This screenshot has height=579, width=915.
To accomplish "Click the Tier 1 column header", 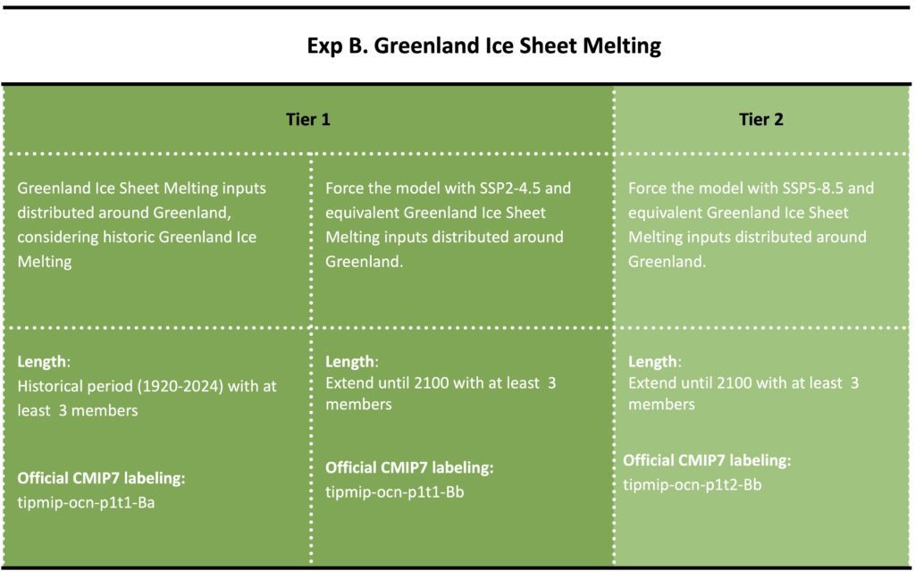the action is [308, 120].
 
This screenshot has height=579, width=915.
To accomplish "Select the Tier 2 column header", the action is [761, 120].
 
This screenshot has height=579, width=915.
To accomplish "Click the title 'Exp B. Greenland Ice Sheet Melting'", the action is [483, 46].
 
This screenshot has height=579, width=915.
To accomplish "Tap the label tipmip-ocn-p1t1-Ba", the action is [86, 502].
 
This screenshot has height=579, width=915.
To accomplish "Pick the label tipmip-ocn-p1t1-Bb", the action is [394, 492].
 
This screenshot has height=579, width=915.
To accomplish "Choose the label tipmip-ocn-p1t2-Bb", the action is [693, 485].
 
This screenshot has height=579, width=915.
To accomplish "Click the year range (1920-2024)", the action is [180, 386].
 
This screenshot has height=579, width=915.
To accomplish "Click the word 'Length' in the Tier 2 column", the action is [652, 362].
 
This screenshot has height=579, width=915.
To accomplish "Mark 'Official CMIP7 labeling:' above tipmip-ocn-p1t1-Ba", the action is [101, 478].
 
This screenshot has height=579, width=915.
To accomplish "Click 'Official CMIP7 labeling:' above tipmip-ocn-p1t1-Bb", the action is [409, 467].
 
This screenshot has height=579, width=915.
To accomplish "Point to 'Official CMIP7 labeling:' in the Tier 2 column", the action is [707, 460].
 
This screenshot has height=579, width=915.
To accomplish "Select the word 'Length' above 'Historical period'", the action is [41, 362].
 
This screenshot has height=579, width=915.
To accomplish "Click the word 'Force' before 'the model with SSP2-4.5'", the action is [344, 188].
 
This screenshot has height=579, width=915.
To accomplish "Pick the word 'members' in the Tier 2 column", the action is [661, 405].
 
